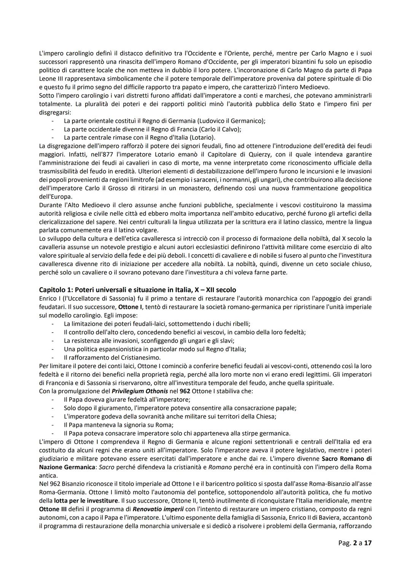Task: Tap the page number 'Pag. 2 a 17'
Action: pyautogui.click(x=355, y=543)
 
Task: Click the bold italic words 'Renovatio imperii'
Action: pyautogui.click(x=155, y=509)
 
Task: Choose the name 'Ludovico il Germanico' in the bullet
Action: pyautogui.click(x=232, y=121)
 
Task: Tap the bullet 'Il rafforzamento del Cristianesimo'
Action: pyautogui.click(x=112, y=358)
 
